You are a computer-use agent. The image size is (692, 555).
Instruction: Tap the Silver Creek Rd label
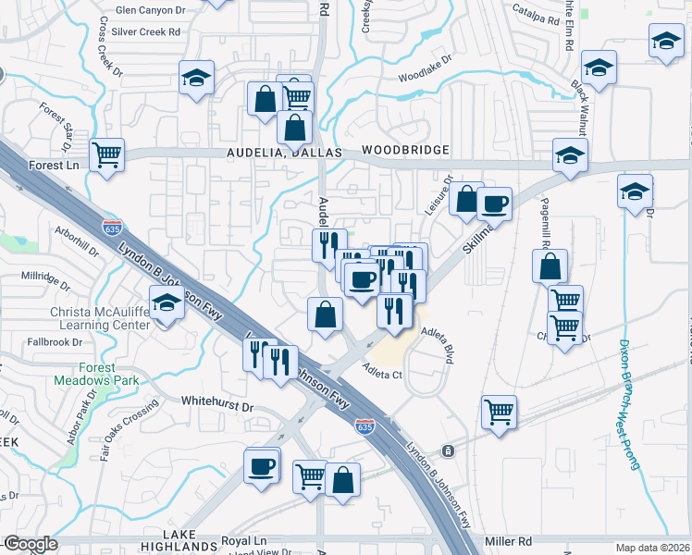point(145,31)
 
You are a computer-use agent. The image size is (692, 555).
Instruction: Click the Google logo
point(30,544)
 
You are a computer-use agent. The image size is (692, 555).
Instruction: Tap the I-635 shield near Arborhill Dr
point(112,227)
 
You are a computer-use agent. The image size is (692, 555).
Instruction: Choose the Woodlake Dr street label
point(426,69)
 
